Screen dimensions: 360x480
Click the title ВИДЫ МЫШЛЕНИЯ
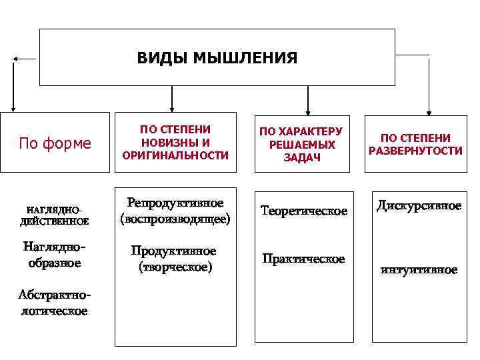pyautogui.click(x=217, y=57)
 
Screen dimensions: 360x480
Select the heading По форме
pyautogui.click(x=55, y=143)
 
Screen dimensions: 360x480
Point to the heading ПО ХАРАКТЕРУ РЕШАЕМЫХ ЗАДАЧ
pyautogui.click(x=301, y=144)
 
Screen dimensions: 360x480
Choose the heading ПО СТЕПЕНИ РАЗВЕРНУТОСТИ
pyautogui.click(x=415, y=144)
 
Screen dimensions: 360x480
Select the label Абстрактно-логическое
pyautogui.click(x=53, y=303)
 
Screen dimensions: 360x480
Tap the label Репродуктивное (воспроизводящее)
pyautogui.click(x=175, y=210)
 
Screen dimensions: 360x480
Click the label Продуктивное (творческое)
pyautogui.click(x=174, y=259)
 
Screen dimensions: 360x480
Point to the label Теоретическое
pyautogui.click(x=304, y=211)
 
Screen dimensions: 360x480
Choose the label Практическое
pyautogui.click(x=303, y=259)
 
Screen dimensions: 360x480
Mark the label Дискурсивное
pyautogui.click(x=419, y=205)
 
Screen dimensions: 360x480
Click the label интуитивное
pyautogui.click(x=419, y=270)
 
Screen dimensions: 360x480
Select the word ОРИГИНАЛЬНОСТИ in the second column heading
pyautogui.click(x=175, y=155)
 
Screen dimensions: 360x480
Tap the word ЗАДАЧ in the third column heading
pyautogui.click(x=301, y=157)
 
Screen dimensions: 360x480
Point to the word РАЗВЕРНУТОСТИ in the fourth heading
pyautogui.click(x=415, y=151)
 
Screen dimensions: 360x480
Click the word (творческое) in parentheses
pyautogui.click(x=175, y=267)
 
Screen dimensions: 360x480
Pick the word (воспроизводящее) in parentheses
pyautogui.click(x=175, y=218)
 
